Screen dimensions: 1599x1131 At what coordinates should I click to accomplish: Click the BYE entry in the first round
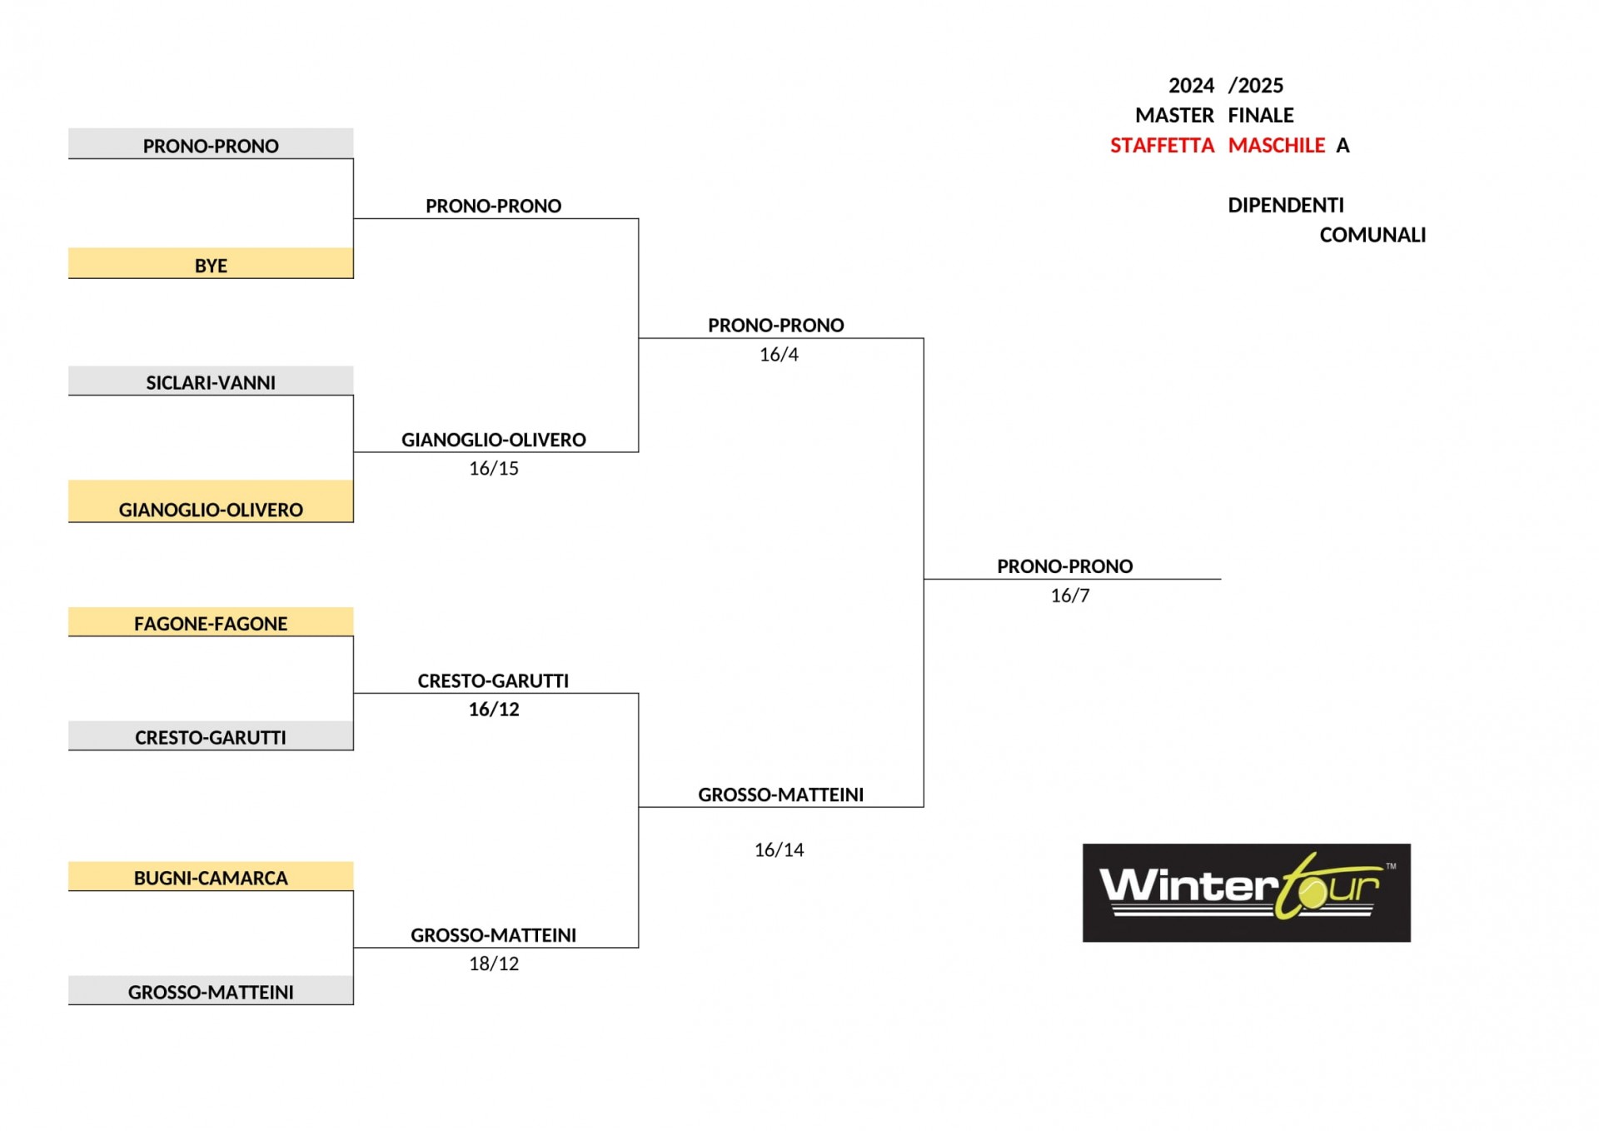(211, 262)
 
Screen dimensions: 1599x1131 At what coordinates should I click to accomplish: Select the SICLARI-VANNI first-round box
(211, 381)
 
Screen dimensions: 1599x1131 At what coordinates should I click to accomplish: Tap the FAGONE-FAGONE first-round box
(211, 622)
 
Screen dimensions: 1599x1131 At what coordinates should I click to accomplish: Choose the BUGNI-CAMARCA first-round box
(211, 876)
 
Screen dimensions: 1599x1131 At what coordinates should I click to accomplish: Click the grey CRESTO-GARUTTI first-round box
(211, 735)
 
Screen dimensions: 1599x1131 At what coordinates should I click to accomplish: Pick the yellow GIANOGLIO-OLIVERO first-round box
(211, 501)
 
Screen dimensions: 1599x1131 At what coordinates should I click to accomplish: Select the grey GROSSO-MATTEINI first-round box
(211, 990)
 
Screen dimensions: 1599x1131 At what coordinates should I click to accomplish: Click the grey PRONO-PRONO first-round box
(211, 143)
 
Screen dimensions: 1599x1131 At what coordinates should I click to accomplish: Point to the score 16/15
(494, 469)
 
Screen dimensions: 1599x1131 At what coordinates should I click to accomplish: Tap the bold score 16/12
(494, 710)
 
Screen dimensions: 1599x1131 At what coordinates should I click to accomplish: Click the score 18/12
(494, 964)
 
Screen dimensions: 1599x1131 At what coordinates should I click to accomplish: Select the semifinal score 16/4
(779, 355)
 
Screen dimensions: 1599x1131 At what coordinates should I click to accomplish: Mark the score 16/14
(779, 850)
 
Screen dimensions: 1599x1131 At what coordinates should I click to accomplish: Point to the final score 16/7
(1070, 595)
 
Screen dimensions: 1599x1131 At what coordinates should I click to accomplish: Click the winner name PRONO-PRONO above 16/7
(1065, 566)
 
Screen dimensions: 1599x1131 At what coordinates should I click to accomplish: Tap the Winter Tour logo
(1247, 893)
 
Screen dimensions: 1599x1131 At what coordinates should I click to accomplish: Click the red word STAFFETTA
(1162, 146)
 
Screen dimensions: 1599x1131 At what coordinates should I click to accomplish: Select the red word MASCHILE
(1277, 146)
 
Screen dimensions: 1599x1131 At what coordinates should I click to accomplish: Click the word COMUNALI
(1372, 235)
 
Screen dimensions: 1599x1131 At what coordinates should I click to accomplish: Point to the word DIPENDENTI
(1286, 205)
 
